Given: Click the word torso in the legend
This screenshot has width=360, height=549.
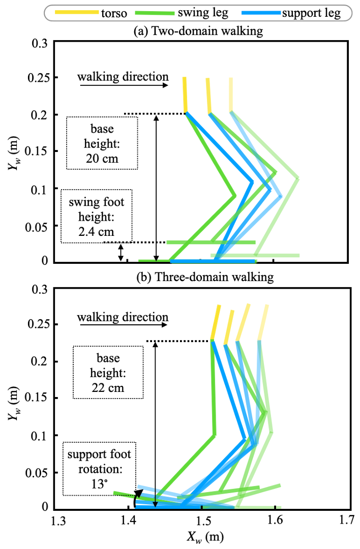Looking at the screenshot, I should (114, 13).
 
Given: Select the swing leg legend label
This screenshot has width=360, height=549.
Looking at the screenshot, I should (202, 13).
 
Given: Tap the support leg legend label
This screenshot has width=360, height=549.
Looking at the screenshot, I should (311, 13).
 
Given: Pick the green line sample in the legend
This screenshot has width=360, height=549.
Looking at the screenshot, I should (155, 13).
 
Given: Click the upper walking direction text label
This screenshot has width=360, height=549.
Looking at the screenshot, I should (123, 77).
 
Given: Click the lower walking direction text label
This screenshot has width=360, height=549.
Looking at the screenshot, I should (123, 317).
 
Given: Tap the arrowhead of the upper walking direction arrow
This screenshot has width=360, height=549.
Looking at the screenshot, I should (166, 86).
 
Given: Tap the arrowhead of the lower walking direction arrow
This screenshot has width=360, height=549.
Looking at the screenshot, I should (165, 325).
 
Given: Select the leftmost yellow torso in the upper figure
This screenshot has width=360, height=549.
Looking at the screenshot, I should (185, 94).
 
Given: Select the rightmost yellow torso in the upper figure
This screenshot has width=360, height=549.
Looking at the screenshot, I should (231, 94).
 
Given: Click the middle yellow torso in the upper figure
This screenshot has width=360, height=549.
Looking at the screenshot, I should (208, 96).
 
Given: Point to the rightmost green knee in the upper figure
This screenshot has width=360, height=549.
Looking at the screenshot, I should (298, 178).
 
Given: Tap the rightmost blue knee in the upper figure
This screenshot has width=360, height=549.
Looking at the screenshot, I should (282, 196).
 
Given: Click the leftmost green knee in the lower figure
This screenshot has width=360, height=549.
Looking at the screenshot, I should (215, 435).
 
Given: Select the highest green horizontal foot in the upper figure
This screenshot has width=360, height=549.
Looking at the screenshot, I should (211, 243).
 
